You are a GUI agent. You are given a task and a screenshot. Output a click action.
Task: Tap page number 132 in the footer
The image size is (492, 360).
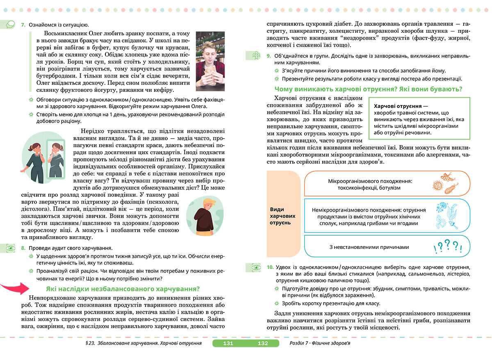click(262, 344)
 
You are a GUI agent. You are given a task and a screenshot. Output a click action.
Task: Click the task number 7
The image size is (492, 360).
click(23, 25)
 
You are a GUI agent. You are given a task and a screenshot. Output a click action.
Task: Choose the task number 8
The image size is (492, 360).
click(23, 248)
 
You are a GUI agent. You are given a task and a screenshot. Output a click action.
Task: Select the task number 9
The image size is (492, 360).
click(269, 55)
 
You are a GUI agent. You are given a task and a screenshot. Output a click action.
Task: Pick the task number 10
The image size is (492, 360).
click(270, 267)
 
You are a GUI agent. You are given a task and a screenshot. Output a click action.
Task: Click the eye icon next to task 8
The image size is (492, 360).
click(9, 248)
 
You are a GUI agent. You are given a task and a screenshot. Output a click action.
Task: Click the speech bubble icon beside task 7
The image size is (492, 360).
click(9, 25)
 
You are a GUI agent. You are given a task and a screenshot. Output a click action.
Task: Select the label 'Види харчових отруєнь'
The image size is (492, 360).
click(282, 216)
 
